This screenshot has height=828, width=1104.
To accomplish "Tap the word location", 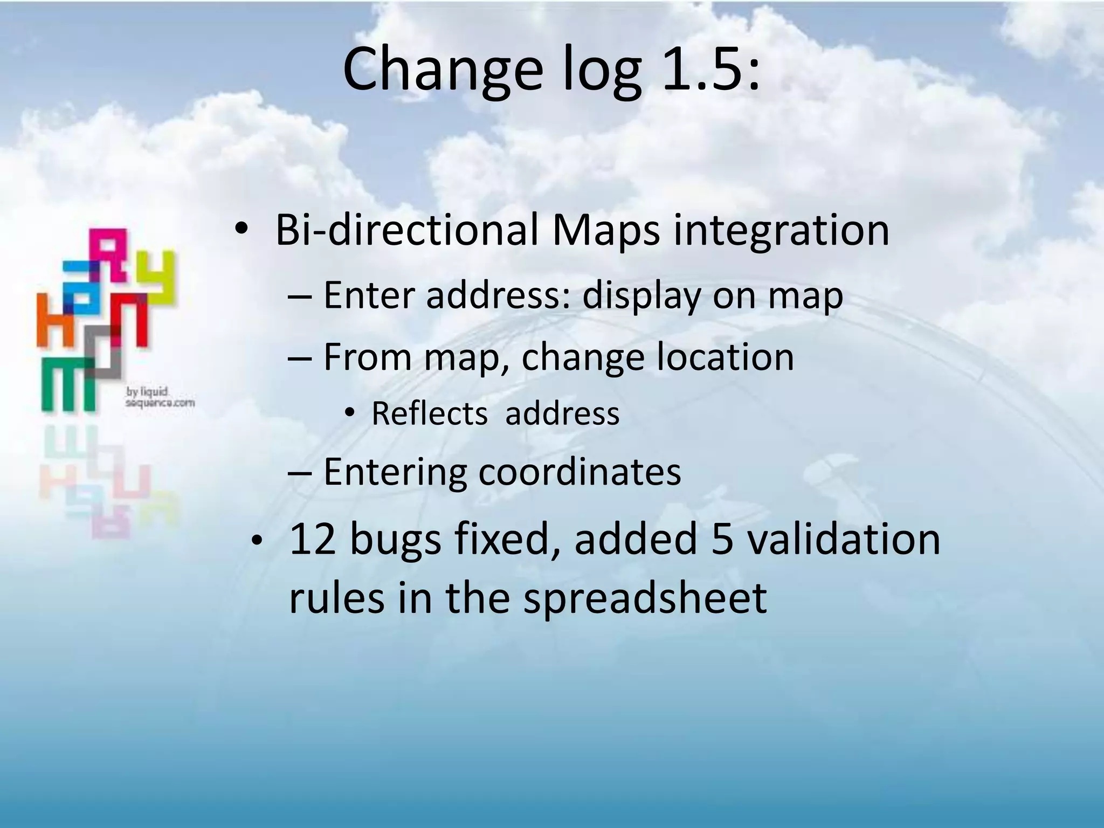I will [x=724, y=357].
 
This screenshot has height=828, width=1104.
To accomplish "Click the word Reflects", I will [x=430, y=414].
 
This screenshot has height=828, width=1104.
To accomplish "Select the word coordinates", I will [x=579, y=473].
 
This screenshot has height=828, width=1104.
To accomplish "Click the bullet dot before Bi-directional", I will [x=240, y=231].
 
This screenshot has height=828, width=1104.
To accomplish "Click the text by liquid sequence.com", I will [x=159, y=397].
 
